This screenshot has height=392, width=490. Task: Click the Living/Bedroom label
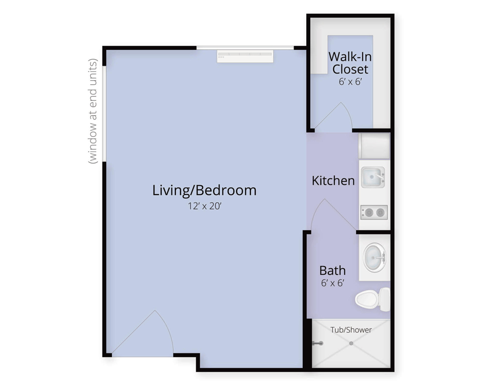(x=204, y=191)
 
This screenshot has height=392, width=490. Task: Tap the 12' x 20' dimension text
(x=204, y=206)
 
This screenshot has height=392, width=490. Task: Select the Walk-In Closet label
(x=350, y=63)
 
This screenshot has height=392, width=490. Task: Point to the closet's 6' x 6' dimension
(x=350, y=82)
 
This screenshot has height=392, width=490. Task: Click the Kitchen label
(x=333, y=181)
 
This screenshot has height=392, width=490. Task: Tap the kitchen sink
(x=373, y=177)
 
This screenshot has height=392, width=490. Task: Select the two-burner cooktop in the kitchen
(x=374, y=213)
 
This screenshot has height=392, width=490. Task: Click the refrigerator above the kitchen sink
(x=374, y=146)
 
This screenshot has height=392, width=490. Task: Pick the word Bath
(x=333, y=270)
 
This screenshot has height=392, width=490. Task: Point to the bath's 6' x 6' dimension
(x=333, y=283)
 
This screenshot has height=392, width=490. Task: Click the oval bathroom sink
(x=375, y=258)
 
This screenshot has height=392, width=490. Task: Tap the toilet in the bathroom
(x=372, y=299)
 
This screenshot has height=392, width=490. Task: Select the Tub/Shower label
(x=351, y=330)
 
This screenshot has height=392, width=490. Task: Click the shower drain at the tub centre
(x=351, y=343)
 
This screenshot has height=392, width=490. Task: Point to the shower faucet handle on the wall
(x=318, y=343)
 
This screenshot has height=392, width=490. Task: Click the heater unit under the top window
(x=245, y=56)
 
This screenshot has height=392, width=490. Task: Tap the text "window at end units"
(x=93, y=111)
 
